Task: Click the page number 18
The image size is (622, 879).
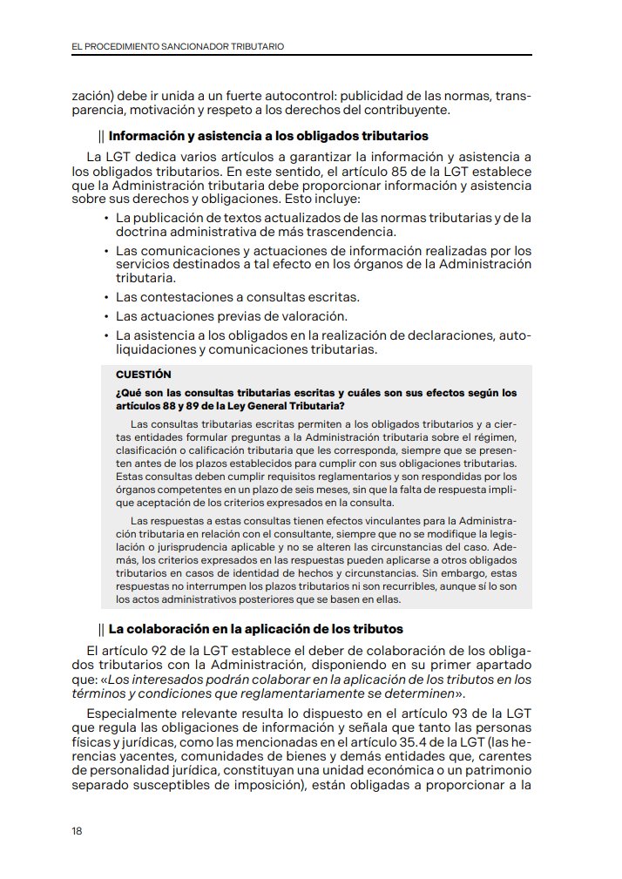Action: (x=77, y=830)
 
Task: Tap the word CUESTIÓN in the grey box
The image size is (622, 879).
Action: (x=143, y=374)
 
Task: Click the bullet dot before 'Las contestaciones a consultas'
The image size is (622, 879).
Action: (x=105, y=297)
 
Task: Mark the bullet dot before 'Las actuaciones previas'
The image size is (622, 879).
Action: (x=105, y=315)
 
